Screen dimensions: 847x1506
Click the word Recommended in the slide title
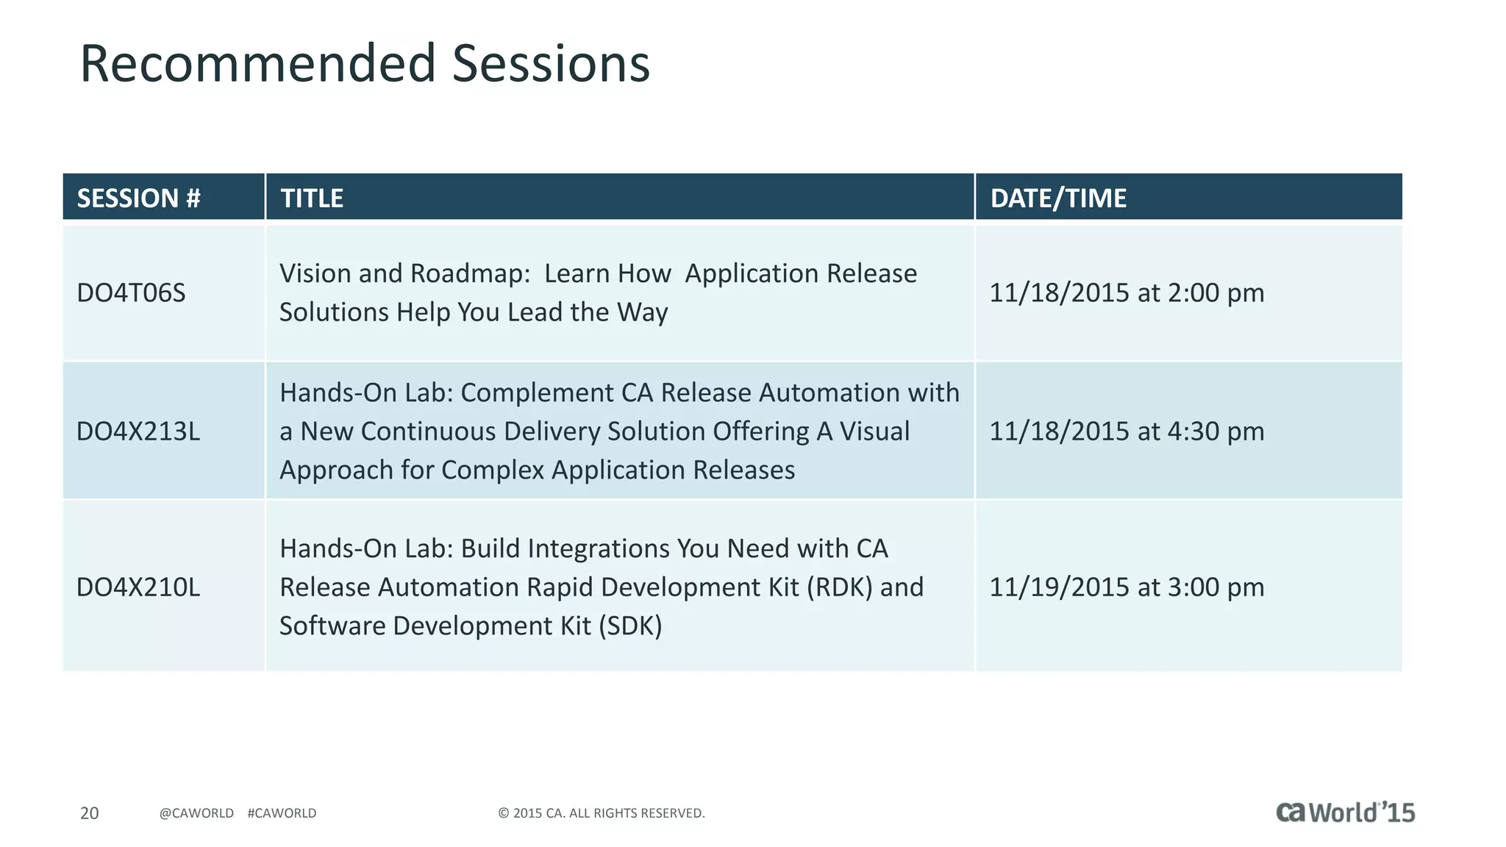(257, 64)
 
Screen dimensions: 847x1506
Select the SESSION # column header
(138, 198)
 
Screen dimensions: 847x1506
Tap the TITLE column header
(312, 198)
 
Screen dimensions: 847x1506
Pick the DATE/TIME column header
(1057, 198)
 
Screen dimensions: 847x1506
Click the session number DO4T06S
(131, 293)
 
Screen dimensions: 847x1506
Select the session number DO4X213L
(138, 431)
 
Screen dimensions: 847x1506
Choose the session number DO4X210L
(138, 587)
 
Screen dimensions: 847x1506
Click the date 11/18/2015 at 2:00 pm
(1126, 293)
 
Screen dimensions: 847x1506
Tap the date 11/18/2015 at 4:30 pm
(1126, 431)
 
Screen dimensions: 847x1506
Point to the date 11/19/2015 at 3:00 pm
(1126, 587)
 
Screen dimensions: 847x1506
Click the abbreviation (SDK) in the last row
(630, 626)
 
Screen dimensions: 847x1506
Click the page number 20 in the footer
(89, 812)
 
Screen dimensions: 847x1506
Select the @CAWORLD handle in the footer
(196, 812)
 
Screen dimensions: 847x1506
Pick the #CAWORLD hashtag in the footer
(282, 812)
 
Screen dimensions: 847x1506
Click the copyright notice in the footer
(601, 812)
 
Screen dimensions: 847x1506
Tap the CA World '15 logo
(1344, 812)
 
